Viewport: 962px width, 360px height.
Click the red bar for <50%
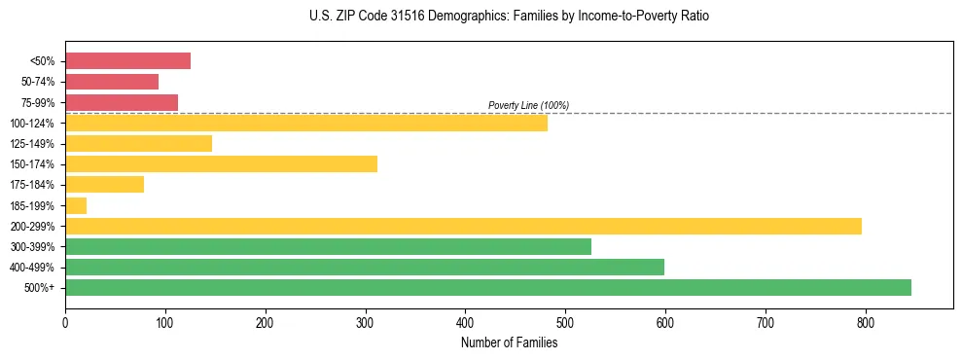127,61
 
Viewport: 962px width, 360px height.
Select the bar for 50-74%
112,82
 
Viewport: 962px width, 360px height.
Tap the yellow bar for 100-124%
306,123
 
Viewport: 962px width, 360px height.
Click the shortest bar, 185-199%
76,205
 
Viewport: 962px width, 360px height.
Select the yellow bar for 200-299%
463,226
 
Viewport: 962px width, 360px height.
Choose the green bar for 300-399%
328,246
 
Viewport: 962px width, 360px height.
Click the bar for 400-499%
365,267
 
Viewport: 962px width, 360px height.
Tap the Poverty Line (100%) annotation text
528,105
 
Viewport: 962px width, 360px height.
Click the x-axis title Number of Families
509,342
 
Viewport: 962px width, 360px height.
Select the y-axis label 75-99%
38,103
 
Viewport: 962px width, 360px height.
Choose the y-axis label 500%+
40,288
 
